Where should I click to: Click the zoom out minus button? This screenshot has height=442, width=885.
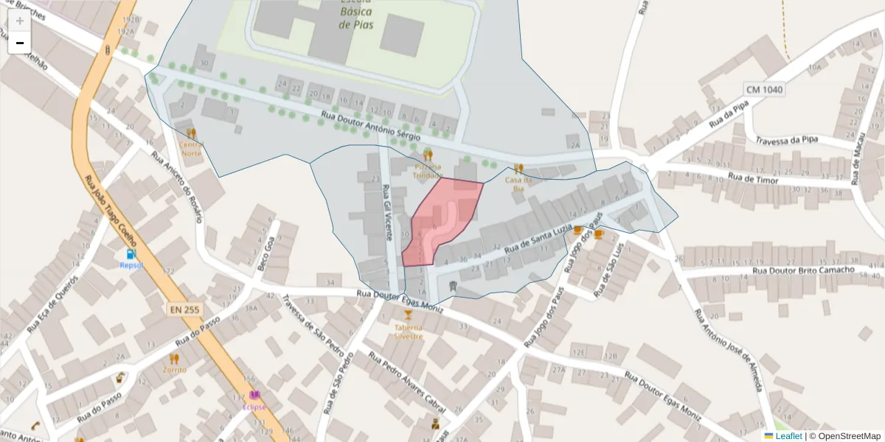[20, 43]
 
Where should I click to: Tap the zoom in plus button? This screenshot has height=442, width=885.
[20, 21]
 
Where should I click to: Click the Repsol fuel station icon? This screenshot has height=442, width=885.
[131, 254]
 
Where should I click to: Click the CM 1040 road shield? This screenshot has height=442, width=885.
[765, 90]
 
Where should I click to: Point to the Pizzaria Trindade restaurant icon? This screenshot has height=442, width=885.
[428, 155]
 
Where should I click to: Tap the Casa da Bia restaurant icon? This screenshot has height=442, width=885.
[518, 169]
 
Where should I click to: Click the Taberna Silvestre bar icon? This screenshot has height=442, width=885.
[408, 315]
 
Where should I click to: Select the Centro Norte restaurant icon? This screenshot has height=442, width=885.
[192, 133]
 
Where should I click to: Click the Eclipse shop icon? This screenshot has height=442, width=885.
[254, 396]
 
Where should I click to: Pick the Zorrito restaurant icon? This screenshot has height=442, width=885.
[175, 359]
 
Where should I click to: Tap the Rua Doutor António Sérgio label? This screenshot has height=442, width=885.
[370, 126]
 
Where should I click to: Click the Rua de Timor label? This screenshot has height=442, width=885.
[753, 178]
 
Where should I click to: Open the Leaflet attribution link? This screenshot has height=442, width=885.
[788, 436]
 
